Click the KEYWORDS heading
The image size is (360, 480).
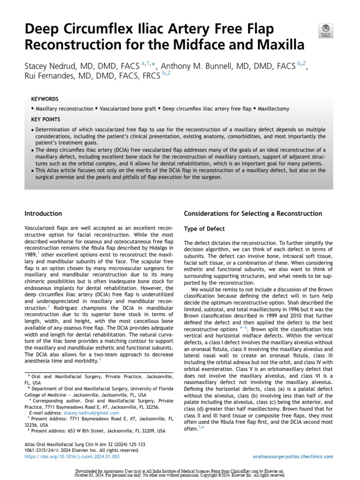coord(45,99)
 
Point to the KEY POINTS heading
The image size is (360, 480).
coord(45,119)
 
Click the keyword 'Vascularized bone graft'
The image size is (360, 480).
coord(127,109)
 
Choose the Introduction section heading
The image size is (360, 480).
coord(43,214)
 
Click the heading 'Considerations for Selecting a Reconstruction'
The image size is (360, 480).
coord(253,214)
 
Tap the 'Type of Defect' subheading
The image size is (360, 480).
coord(204,229)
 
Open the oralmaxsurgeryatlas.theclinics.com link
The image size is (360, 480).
coord(292,456)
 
